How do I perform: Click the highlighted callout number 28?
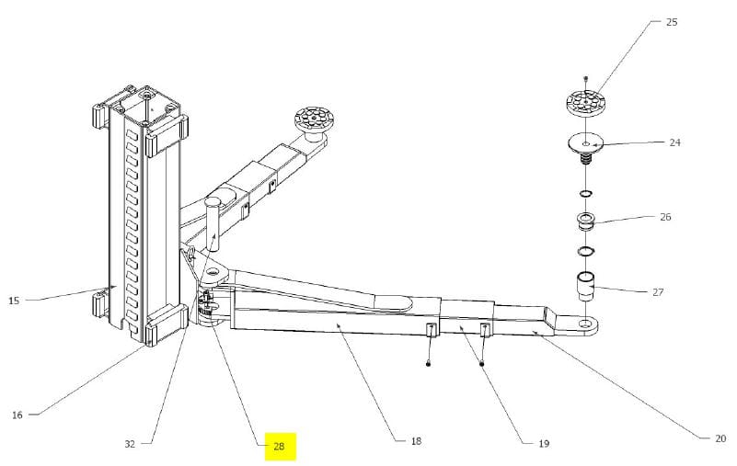pyautogui.click(x=279, y=446)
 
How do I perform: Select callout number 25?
pyautogui.click(x=672, y=22)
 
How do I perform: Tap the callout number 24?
pyautogui.click(x=674, y=142)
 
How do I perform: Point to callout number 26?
pyautogui.click(x=665, y=217)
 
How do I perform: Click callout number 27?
pyautogui.click(x=658, y=292)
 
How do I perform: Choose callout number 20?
pyautogui.click(x=720, y=438)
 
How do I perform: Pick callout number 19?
pyautogui.click(x=544, y=443)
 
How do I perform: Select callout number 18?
pyautogui.click(x=416, y=441)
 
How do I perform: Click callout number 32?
pyautogui.click(x=131, y=444)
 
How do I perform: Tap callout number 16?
pyautogui.click(x=17, y=415)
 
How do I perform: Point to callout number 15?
pyautogui.click(x=14, y=301)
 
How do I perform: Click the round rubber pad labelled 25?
pyautogui.click(x=585, y=101)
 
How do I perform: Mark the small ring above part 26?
pyautogui.click(x=586, y=194)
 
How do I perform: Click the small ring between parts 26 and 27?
pyautogui.click(x=586, y=252)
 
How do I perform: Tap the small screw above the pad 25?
pyautogui.click(x=586, y=77)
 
